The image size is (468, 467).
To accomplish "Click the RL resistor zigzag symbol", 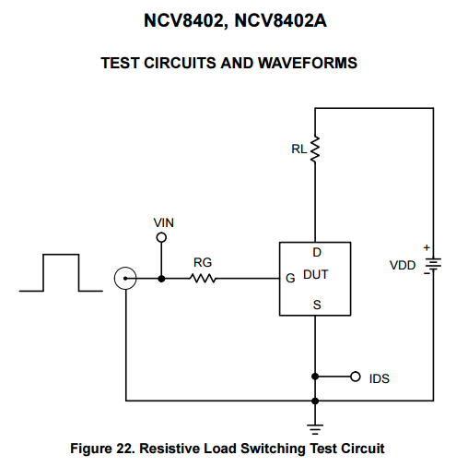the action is tap(315, 150).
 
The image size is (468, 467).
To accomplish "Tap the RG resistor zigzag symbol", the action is tap(203, 279).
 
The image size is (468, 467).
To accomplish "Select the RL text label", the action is tap(298, 150).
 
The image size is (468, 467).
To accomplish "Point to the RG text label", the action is tap(203, 262).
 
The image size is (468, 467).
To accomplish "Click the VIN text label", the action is tap(164, 222).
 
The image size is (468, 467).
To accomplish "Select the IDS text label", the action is tap(380, 378).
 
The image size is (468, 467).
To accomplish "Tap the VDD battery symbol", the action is tap(433, 264).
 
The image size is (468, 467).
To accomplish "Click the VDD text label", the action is tap(403, 265).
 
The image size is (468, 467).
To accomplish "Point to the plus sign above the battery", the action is tap(427, 247).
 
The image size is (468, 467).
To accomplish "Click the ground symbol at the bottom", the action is tap(315, 429).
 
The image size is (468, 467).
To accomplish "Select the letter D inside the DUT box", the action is tap(317, 253).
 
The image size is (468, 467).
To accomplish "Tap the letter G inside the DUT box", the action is tap(290, 278).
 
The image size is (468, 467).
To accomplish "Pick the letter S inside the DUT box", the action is tap(317, 305).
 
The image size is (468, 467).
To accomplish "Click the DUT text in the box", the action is tap(316, 274).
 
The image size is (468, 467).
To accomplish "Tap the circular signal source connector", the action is tap(125, 268).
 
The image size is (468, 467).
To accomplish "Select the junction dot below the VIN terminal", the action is tap(161, 279).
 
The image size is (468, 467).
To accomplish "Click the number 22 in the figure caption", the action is tap(125, 449).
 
